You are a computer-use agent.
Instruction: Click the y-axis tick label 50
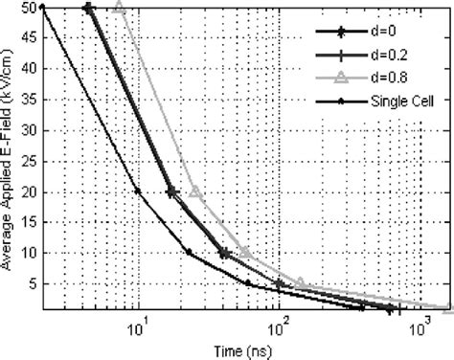coord(30,8)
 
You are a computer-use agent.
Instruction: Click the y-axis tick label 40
coord(30,69)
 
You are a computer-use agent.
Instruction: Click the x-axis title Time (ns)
coord(239,349)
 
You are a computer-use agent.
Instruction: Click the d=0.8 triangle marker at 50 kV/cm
coord(120,7)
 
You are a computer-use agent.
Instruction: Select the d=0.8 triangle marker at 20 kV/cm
coord(195,191)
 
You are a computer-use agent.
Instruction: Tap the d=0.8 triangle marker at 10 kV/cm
coord(245,252)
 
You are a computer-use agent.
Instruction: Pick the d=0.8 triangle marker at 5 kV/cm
coord(300,282)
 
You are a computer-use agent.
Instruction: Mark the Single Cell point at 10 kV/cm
coord(189,252)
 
